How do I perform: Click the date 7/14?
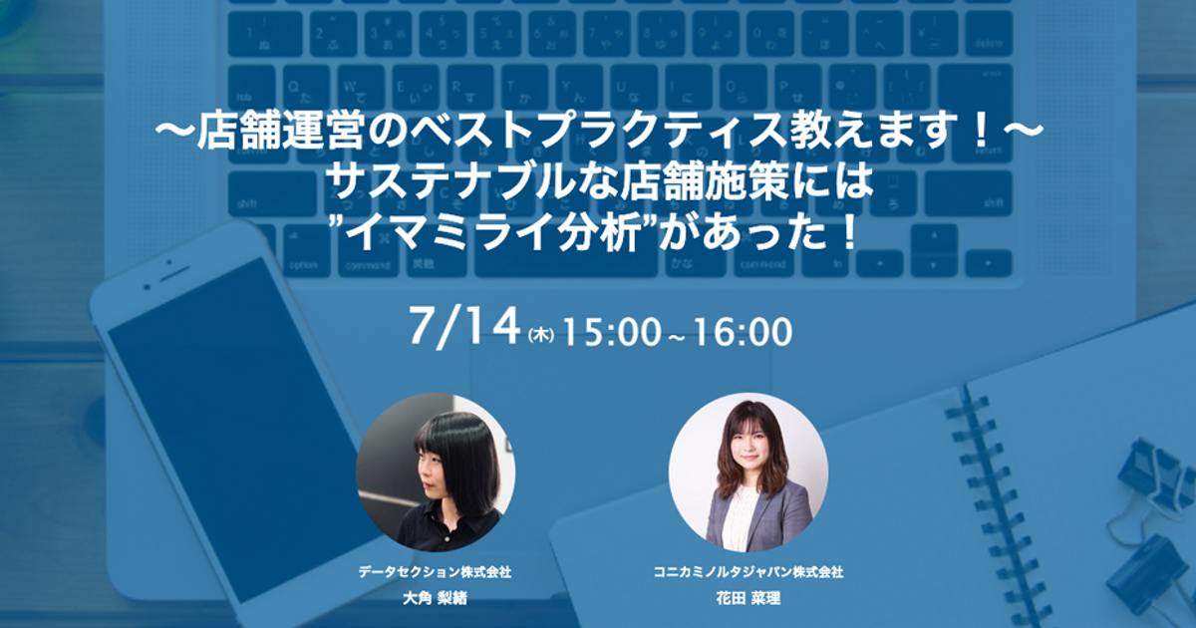464,327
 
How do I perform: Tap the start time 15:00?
611,332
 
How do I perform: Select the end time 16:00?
744,332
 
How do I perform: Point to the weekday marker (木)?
540,335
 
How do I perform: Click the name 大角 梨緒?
435,599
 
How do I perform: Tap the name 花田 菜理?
748,599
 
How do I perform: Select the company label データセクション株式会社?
435,572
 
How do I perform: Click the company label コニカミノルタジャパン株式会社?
748,572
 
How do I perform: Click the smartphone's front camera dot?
169,263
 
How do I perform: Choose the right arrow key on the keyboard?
989,263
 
